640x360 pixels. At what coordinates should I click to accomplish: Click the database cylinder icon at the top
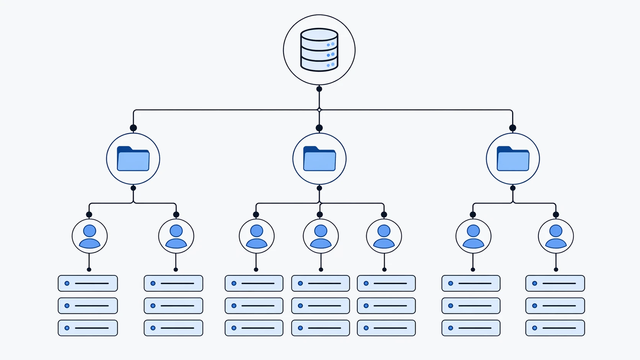319,50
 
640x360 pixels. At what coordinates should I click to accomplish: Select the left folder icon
133,159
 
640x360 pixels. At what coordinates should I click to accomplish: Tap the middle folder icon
319,159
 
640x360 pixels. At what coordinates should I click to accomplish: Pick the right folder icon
513,159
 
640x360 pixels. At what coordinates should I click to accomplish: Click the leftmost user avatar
90,236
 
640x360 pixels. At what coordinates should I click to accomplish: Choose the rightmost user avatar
556,236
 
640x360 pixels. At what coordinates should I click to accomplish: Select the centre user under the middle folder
321,236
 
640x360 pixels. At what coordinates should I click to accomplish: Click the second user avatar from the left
176,236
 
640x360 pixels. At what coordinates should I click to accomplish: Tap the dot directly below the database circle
319,89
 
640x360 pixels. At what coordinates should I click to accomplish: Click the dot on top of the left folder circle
133,128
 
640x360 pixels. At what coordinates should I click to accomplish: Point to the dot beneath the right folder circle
513,188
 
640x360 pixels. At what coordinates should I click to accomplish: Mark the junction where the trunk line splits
319,110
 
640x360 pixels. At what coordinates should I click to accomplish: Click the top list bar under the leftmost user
88,283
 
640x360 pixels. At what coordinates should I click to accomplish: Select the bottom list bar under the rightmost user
555,328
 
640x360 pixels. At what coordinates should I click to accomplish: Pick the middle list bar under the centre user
321,306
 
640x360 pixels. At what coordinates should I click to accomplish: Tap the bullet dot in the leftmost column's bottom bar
67,328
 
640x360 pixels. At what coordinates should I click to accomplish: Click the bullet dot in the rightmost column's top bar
535,283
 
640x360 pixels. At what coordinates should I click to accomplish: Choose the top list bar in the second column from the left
174,283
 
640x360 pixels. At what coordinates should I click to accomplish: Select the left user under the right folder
473,236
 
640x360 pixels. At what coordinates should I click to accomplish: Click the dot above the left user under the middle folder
256,214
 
